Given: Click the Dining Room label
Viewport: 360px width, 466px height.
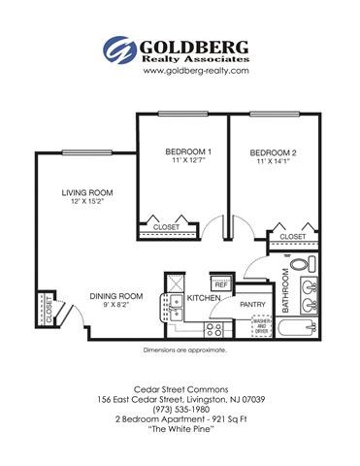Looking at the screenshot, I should click(116, 295).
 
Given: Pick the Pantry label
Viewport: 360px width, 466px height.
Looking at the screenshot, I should click(252, 303).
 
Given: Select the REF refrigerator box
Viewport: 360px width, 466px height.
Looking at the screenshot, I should click(220, 284).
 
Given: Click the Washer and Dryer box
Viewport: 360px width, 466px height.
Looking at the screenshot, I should click(261, 326).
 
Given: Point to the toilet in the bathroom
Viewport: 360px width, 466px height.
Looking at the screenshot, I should click(300, 264).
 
